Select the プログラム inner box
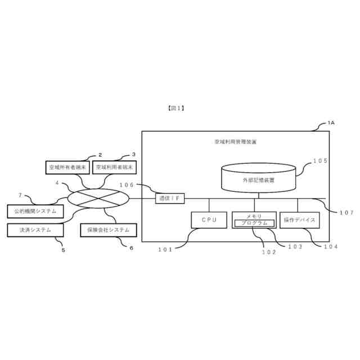[254, 223]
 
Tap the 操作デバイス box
[299, 220]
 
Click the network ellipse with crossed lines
[98, 198]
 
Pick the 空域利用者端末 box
[115, 168]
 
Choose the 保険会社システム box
[109, 229]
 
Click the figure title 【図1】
[176, 107]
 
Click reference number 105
[320, 161]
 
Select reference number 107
[346, 212]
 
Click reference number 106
[128, 185]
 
